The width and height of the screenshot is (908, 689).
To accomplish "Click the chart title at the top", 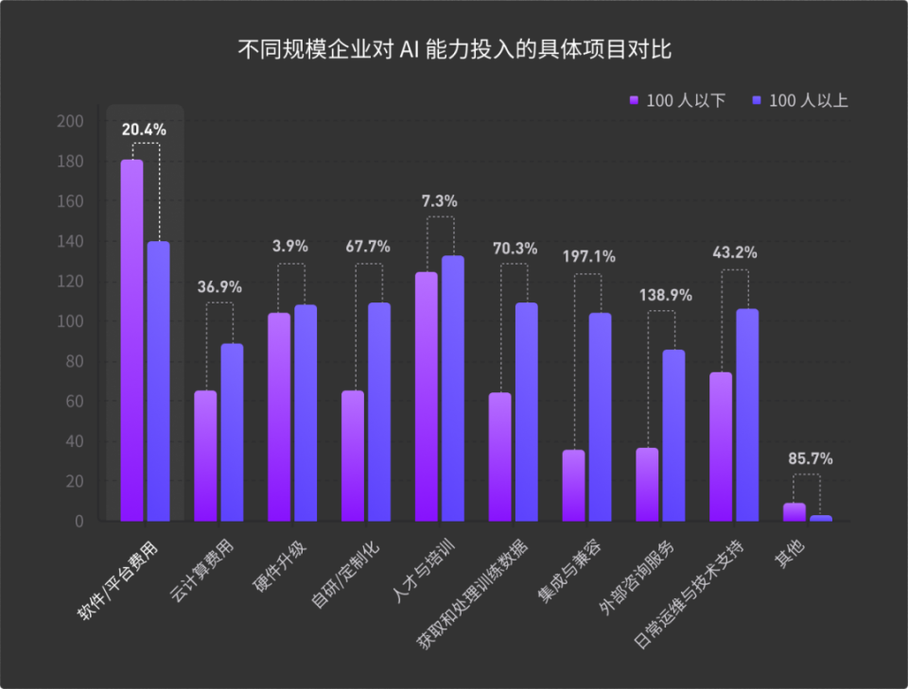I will coord(454,49).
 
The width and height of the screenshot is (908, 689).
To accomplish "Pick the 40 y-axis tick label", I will coord(75,441).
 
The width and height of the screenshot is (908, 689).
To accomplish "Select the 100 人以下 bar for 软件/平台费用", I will coord(132,340).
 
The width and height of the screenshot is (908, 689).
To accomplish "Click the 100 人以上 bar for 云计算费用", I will coord(232,432).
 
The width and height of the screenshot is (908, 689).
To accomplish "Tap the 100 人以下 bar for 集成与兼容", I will coord(574,485).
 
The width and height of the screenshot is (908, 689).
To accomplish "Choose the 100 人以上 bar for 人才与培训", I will coord(452,388).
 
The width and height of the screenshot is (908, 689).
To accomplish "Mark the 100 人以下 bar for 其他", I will coord(794,512).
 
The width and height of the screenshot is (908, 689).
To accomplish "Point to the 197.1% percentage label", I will coord(588,256).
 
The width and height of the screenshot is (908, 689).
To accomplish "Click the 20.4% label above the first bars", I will coord(144,129).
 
